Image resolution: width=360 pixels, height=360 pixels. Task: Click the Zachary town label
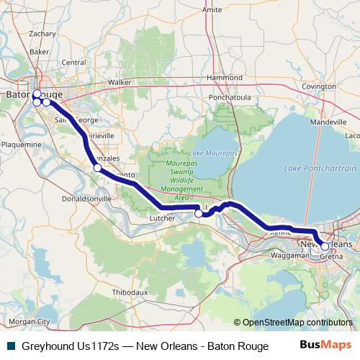42,33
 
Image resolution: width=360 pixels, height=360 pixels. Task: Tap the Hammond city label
224,77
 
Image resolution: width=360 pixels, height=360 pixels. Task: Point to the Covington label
319,86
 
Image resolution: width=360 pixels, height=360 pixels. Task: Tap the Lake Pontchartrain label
320,168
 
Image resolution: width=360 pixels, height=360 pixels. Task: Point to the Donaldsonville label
87,198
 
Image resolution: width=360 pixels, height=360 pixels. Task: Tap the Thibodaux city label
130,292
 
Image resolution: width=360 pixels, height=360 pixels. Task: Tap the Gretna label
330,256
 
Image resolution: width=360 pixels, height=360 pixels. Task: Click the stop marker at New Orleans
325,246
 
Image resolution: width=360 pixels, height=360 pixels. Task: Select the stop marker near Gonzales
97,168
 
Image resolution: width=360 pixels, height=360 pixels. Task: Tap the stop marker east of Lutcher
199,213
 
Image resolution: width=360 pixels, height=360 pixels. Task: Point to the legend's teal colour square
11,346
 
